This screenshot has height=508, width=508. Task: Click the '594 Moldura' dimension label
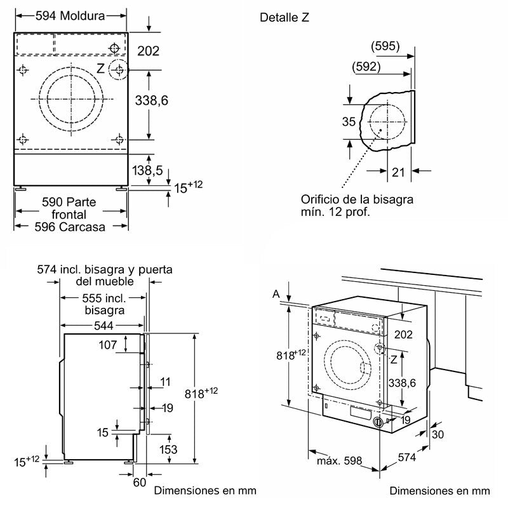point(71,16)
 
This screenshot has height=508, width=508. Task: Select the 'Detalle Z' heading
point(284,17)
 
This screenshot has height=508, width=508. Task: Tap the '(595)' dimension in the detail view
point(385,46)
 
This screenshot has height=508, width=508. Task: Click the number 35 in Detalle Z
point(349,122)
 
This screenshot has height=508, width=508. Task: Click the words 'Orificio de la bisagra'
point(358,199)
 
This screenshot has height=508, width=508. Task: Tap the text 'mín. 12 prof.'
point(336,213)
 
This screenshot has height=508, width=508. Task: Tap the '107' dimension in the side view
point(108,345)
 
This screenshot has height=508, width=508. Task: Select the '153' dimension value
point(168,449)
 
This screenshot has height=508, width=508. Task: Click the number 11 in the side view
point(166,382)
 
